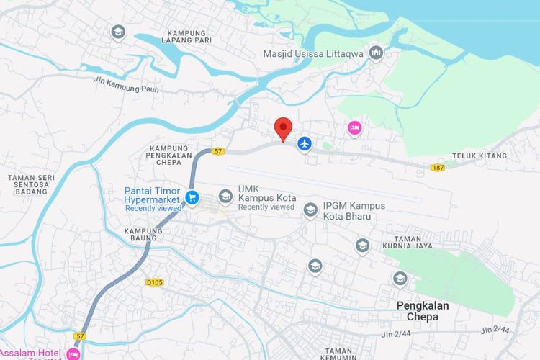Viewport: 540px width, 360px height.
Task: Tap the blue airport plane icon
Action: click(x=305, y=144)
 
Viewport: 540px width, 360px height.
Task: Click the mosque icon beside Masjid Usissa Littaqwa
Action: click(x=376, y=53)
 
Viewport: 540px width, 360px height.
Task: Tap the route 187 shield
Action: click(x=438, y=168)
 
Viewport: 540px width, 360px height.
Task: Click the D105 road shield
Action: click(x=154, y=283)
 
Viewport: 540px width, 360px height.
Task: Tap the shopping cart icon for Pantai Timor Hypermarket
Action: click(x=192, y=196)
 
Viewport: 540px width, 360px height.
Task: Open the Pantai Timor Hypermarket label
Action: click(x=153, y=195)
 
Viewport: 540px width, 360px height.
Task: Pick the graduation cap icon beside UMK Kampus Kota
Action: click(x=226, y=196)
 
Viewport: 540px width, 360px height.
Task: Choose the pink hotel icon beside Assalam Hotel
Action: click(x=72, y=354)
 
